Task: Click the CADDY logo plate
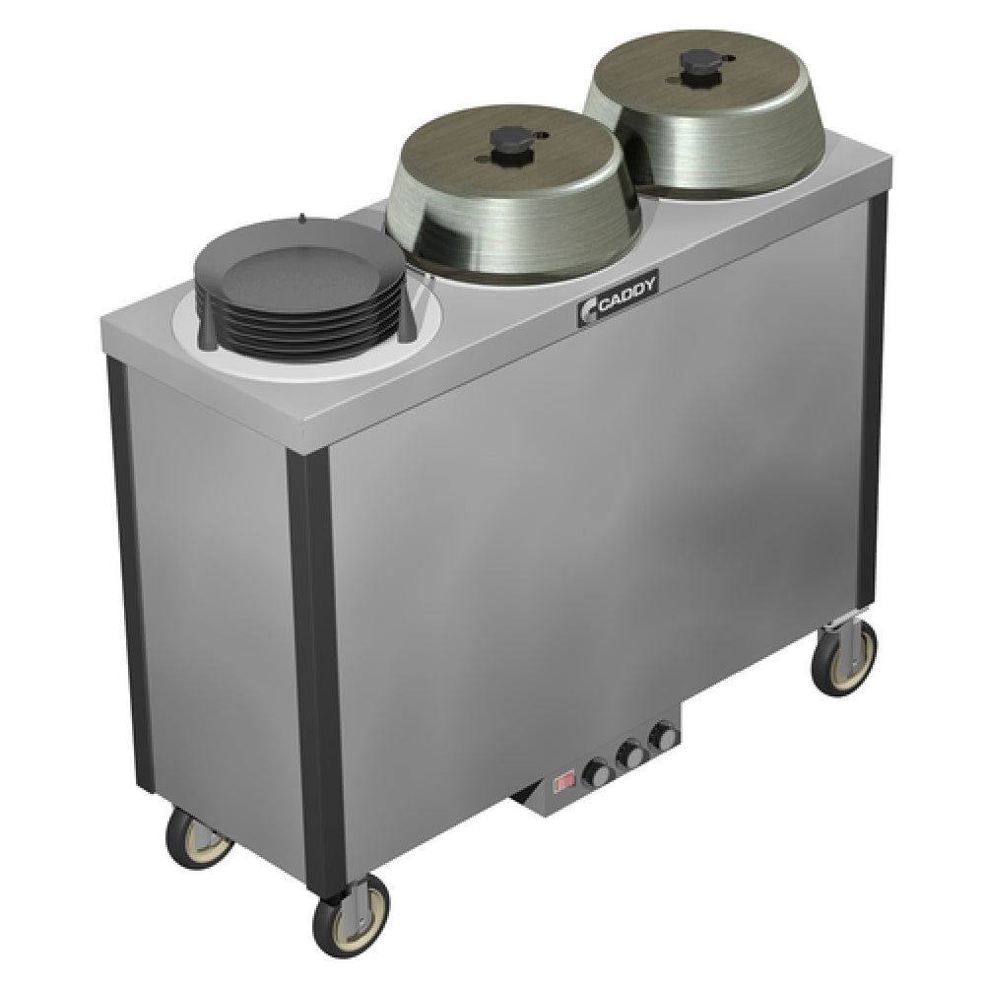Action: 619,297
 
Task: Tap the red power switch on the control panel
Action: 563,783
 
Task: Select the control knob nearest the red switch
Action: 596,772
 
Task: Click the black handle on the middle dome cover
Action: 505,139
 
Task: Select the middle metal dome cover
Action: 512,195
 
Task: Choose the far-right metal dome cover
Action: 705,113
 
